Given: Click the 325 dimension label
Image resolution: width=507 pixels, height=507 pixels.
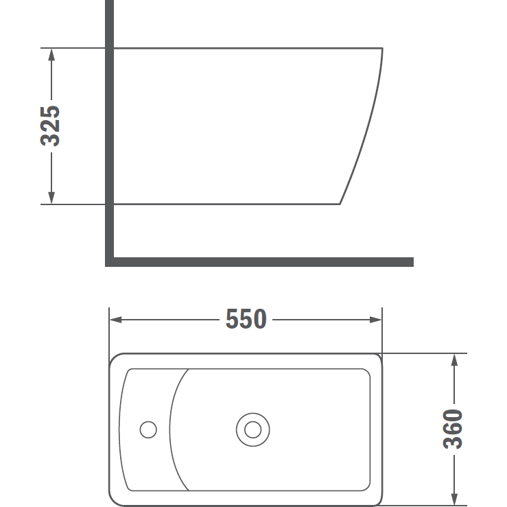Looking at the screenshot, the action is pos(50,126).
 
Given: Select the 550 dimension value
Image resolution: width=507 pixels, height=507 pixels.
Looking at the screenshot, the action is pos(246,319).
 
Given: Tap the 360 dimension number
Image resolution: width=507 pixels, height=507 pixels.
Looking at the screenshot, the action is pos(453,429).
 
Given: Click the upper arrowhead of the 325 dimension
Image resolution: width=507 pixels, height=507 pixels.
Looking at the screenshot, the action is pos(51,54).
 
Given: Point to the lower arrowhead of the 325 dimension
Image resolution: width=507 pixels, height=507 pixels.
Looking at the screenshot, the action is pos(51,198).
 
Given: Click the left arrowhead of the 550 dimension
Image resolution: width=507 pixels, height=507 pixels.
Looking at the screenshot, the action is pos(116,320).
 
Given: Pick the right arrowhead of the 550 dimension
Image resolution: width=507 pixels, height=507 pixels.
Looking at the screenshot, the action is pos(376,320).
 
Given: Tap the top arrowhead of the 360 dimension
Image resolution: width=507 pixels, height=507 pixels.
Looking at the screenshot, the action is pos(454,360).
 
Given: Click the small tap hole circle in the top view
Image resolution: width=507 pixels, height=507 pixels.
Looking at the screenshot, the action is pos(148,421).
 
